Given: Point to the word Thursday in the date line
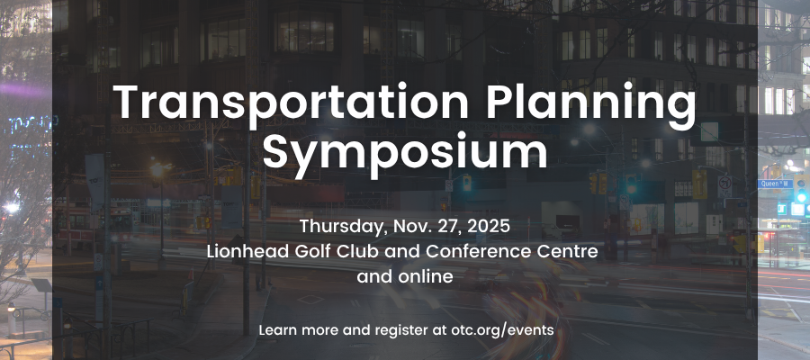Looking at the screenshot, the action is [x=344, y=227].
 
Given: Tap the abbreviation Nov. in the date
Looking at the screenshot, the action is [x=410, y=226].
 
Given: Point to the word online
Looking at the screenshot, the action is [x=426, y=277].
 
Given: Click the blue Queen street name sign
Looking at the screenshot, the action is [x=774, y=184].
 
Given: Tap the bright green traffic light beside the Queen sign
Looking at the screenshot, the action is [x=801, y=197].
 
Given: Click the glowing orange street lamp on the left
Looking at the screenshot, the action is [x=157, y=169].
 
